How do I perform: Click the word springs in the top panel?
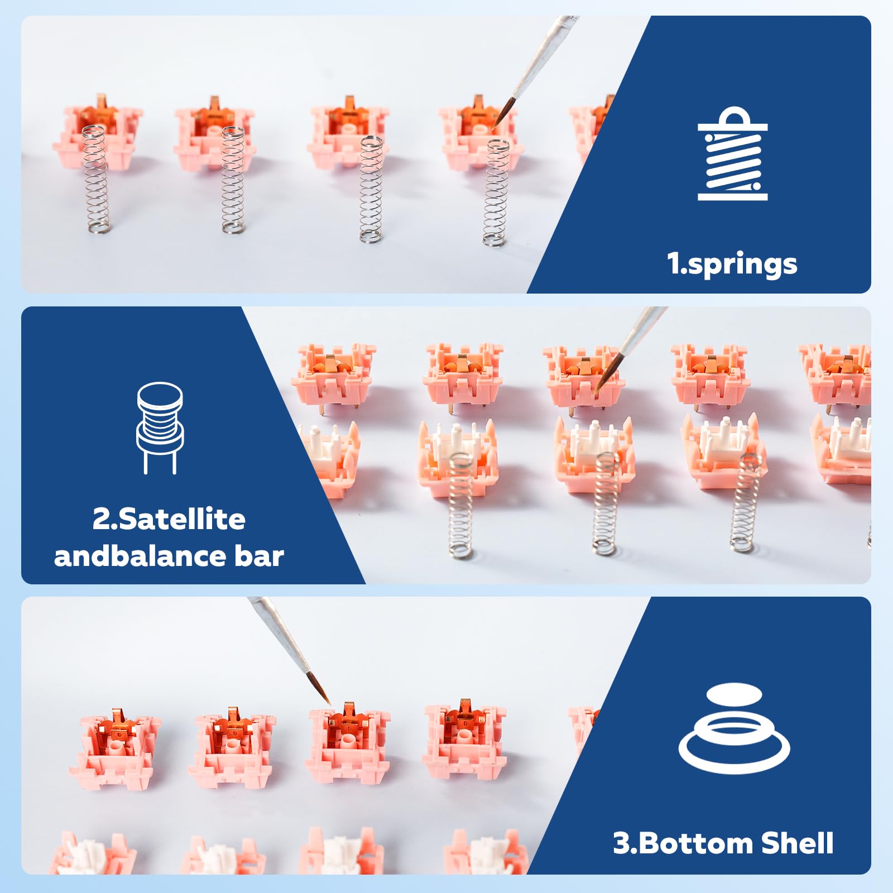(743, 264)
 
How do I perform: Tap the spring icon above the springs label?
(733, 153)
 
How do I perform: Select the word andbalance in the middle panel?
(140, 556)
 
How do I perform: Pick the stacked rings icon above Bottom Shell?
(734, 728)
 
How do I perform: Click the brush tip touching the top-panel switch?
(494, 127)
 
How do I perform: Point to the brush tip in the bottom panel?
(330, 704)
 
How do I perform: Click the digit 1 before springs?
(674, 264)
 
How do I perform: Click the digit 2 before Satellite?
(102, 519)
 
